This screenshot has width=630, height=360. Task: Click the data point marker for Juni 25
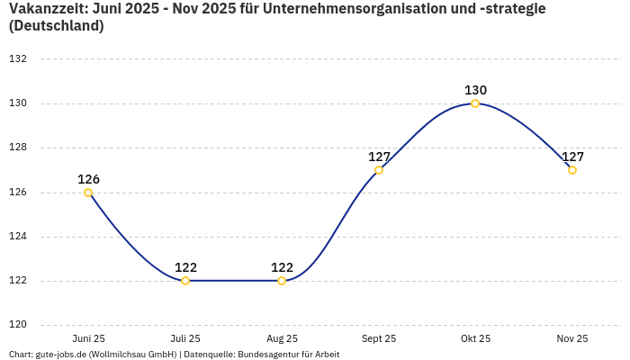click(88, 193)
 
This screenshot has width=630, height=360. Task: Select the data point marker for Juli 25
click(185, 281)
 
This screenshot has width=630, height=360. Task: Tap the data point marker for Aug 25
click(282, 281)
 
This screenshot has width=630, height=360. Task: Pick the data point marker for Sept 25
click(379, 170)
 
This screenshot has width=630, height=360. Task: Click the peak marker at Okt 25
click(475, 103)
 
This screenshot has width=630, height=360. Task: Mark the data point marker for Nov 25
click(572, 170)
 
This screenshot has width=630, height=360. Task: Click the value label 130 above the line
click(475, 90)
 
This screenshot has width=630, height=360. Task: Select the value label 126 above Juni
click(88, 179)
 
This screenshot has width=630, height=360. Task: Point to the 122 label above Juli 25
click(185, 267)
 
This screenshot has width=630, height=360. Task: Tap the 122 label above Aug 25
click(282, 267)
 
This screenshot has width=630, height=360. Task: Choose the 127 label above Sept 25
click(379, 157)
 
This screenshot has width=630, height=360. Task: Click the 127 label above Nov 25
click(572, 157)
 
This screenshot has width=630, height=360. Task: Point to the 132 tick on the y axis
click(18, 59)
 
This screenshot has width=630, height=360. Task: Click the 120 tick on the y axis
click(18, 325)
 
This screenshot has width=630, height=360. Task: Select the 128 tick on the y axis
click(18, 148)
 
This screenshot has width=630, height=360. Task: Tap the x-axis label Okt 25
click(475, 339)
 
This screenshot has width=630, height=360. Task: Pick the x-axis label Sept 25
click(379, 339)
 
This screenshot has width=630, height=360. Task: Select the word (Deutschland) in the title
click(56, 26)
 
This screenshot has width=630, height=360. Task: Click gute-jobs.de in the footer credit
click(60, 355)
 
